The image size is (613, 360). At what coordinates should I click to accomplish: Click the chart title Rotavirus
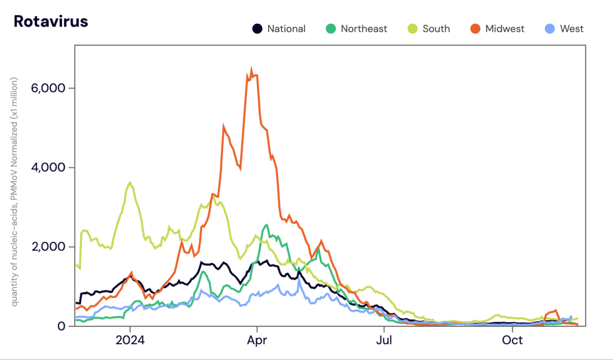pyautogui.click(x=51, y=21)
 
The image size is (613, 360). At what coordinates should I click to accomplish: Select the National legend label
pyautogui.click(x=286, y=29)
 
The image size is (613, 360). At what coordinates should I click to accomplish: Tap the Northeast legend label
pyautogui.click(x=364, y=29)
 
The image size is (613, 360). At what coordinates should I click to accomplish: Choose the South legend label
pyautogui.click(x=436, y=29)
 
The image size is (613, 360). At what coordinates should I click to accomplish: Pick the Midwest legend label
pyautogui.click(x=505, y=29)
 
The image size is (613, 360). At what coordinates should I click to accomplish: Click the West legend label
pyautogui.click(x=571, y=29)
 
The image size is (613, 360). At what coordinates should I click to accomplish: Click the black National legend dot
pyautogui.click(x=257, y=29)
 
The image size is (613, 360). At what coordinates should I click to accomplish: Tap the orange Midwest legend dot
pyautogui.click(x=475, y=29)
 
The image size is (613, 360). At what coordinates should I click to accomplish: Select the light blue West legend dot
pyautogui.click(x=550, y=29)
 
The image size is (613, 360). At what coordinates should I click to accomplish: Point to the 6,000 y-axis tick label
pyautogui.click(x=48, y=88)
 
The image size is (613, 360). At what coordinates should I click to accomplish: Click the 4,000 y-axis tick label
pyautogui.click(x=48, y=167)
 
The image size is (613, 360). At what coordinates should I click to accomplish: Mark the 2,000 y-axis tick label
pyautogui.click(x=48, y=247)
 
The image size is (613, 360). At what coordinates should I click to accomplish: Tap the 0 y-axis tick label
pyautogui.click(x=61, y=326)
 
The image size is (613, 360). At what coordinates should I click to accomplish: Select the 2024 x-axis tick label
pyautogui.click(x=130, y=340)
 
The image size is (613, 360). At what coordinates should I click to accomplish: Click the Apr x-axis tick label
pyautogui.click(x=257, y=340)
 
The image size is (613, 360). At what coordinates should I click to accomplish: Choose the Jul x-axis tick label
pyautogui.click(x=384, y=340)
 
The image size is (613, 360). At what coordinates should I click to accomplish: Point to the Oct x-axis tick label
pyautogui.click(x=512, y=340)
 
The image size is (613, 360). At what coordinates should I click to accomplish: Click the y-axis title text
pyautogui.click(x=14, y=192)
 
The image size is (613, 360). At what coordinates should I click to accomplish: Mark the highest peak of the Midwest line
pyautogui.click(x=251, y=69)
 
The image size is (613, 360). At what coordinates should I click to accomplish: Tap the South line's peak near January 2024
pyautogui.click(x=130, y=183)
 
